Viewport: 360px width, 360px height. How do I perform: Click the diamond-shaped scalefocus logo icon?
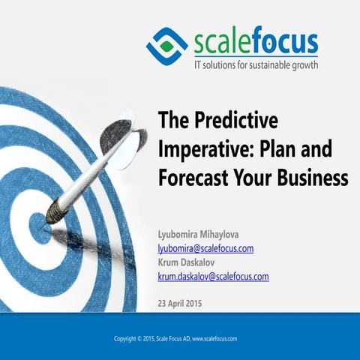pos(166,43)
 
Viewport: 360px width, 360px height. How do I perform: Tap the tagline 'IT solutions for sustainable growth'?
pos(256,64)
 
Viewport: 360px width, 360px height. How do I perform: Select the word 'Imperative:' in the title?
pos(201,149)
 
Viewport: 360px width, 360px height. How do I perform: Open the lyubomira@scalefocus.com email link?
pos(205,248)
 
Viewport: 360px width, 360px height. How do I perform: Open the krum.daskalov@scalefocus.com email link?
pos(213,276)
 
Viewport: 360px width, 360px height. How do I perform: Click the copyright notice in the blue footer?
pos(175,338)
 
